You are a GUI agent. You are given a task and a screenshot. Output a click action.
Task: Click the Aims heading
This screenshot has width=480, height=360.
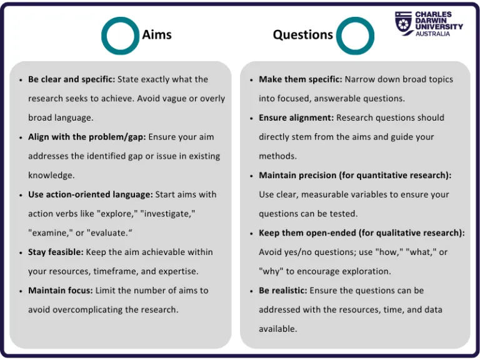(x=157, y=34)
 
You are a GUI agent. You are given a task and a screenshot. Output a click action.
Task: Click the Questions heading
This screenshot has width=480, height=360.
(x=302, y=34)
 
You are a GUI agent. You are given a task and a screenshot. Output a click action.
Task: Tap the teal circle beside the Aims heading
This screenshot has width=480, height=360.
(x=119, y=36)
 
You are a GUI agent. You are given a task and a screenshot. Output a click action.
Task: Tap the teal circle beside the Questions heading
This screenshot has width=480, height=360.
(x=355, y=36)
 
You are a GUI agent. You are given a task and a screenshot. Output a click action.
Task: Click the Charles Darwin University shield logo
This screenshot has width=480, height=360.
(x=403, y=23)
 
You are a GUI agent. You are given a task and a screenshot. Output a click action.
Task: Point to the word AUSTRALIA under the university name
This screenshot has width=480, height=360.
(x=432, y=34)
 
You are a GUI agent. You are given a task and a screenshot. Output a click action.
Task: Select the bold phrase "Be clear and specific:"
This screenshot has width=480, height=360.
(x=71, y=79)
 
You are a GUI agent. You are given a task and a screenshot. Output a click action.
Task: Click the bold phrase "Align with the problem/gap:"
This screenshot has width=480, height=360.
(x=86, y=137)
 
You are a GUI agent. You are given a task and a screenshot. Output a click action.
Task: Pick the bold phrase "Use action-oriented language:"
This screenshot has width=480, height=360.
(x=90, y=194)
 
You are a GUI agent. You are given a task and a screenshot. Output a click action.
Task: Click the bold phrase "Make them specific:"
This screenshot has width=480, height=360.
(x=300, y=79)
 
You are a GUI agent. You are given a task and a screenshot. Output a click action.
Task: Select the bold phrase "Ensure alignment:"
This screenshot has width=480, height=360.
(x=297, y=117)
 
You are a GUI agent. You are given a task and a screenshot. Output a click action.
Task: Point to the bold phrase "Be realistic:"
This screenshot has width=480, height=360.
(x=282, y=291)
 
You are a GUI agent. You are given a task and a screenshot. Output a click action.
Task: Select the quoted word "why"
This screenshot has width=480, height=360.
(x=271, y=271)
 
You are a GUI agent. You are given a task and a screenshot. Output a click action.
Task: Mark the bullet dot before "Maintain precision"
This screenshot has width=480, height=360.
(x=251, y=176)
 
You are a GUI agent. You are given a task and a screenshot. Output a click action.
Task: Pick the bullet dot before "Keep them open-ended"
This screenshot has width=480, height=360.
(x=251, y=234)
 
